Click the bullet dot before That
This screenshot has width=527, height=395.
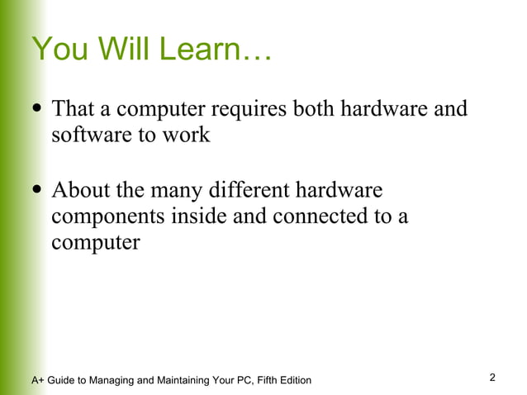[37, 110]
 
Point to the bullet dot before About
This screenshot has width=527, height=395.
[37, 192]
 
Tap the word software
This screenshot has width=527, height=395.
[89, 136]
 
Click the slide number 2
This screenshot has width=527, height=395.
[492, 378]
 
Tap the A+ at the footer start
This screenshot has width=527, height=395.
[38, 380]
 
